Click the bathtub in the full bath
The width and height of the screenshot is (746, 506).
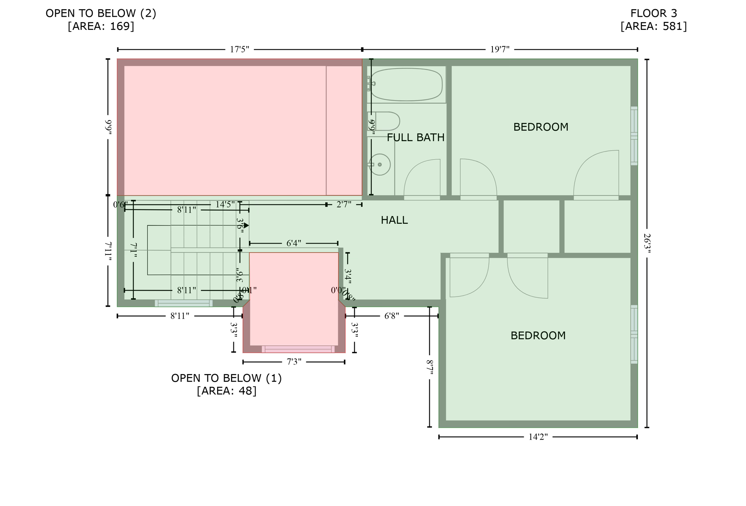tap(406, 85)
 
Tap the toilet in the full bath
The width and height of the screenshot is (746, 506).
tap(387, 121)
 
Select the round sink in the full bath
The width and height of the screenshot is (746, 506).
tap(380, 165)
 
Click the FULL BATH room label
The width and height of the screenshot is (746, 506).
tap(415, 137)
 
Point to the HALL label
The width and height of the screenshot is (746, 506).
tap(394, 220)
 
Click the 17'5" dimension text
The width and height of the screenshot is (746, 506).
tap(239, 50)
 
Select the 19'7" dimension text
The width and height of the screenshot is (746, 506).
tap(499, 50)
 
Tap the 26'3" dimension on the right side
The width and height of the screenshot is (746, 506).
tap(647, 243)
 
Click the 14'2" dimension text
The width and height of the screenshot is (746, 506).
tap(538, 437)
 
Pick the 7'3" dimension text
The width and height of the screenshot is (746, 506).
tap(294, 362)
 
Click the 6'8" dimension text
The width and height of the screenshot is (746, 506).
tap(392, 316)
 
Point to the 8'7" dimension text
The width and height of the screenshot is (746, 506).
tap(430, 367)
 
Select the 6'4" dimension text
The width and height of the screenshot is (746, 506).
tap(294, 243)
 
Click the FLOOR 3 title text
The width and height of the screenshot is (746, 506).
tap(653, 13)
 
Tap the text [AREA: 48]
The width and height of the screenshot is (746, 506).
tap(227, 391)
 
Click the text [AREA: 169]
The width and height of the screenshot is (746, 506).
tap(101, 26)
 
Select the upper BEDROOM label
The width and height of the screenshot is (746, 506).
tap(541, 127)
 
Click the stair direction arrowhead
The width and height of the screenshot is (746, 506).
tap(247, 226)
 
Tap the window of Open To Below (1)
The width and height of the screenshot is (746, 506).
tap(298, 349)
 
